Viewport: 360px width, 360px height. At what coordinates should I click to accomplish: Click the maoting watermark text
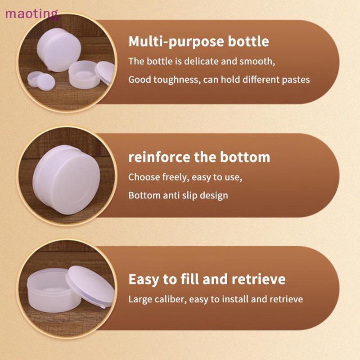point(31,14)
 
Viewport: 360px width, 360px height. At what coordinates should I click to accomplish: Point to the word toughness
point(177,80)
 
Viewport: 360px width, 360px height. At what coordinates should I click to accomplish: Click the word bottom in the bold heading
point(245,157)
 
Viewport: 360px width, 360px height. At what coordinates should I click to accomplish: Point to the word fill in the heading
point(190,279)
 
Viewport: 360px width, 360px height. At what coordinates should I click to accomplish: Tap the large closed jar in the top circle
point(59,49)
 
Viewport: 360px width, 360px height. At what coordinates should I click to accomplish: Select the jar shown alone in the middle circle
point(67,180)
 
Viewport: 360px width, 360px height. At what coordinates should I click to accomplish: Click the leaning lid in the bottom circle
point(90,287)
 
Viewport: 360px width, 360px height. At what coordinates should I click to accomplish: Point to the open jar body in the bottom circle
point(53,291)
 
